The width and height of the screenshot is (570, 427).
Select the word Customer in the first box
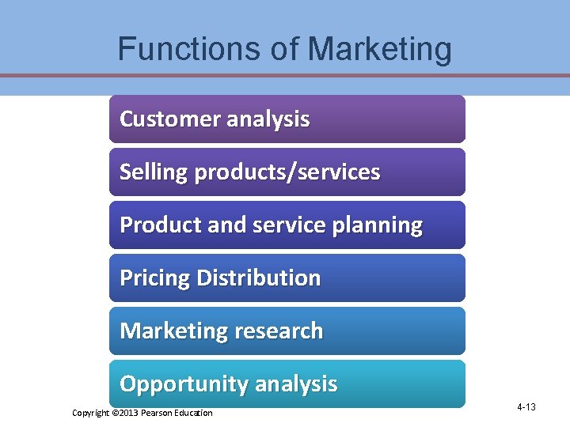coord(169,119)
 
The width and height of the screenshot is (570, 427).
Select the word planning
coord(378,226)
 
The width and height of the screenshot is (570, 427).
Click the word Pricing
coord(154,278)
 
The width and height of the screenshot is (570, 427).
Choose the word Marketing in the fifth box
coord(166,331)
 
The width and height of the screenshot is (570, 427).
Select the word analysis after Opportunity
coord(295,385)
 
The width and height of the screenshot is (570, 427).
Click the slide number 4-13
coord(526,407)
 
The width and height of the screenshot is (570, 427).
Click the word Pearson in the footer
coord(159,414)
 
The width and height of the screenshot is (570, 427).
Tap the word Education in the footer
coord(195,414)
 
